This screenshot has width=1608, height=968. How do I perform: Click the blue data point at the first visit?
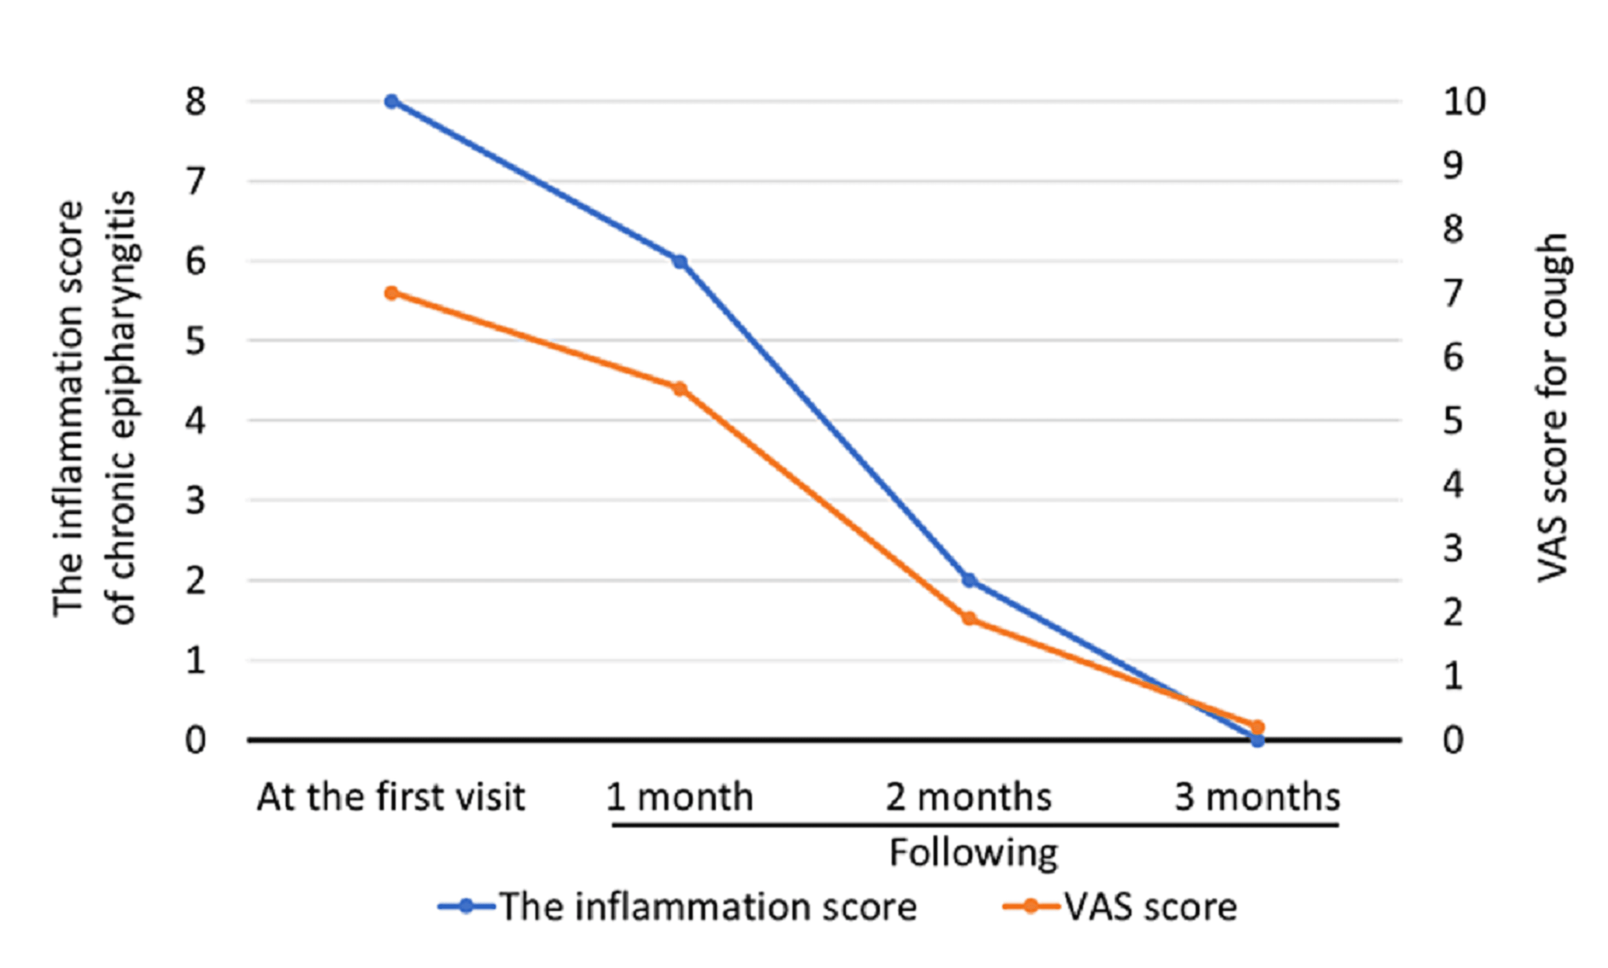tap(391, 102)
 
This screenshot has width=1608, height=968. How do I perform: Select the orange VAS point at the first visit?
tap(391, 293)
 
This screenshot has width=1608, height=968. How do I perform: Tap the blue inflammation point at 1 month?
tap(680, 262)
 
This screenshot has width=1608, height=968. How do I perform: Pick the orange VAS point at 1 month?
tap(680, 389)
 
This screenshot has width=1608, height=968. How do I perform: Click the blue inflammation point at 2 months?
tap(970, 580)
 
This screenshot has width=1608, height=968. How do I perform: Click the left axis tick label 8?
tap(195, 102)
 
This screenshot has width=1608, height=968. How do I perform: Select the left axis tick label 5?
tap(195, 341)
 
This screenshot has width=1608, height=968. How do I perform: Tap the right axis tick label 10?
tap(1464, 102)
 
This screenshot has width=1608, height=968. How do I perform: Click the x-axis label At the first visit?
tap(391, 797)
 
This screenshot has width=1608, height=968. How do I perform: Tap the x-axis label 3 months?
tap(1257, 797)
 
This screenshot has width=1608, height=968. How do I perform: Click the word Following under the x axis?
tap(973, 853)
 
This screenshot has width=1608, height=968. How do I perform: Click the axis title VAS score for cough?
tap(1553, 408)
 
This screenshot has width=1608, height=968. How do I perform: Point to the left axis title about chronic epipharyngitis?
tap(94, 408)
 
